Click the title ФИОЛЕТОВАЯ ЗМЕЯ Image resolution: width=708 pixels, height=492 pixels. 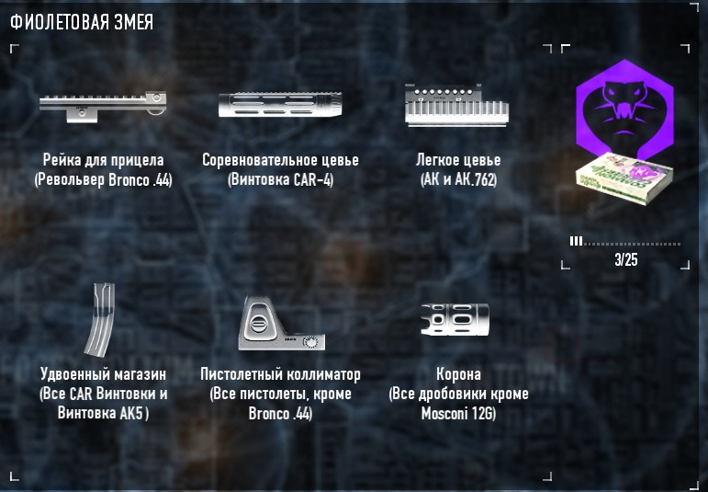[x=82, y=21]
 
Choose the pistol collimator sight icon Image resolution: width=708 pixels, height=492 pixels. [x=278, y=326]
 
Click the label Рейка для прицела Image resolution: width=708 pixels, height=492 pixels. [x=103, y=160]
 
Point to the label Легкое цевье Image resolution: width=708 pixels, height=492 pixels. [x=458, y=160]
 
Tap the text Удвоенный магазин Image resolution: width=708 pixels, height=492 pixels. [x=103, y=375]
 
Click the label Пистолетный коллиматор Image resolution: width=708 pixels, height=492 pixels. [x=280, y=375]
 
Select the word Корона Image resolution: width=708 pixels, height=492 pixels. [x=458, y=375]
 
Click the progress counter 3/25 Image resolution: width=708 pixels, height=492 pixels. [x=625, y=260]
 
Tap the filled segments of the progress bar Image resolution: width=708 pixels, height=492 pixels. [x=576, y=242]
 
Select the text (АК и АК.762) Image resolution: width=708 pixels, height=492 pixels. [x=458, y=179]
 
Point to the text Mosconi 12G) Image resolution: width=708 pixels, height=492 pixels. [x=458, y=414]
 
